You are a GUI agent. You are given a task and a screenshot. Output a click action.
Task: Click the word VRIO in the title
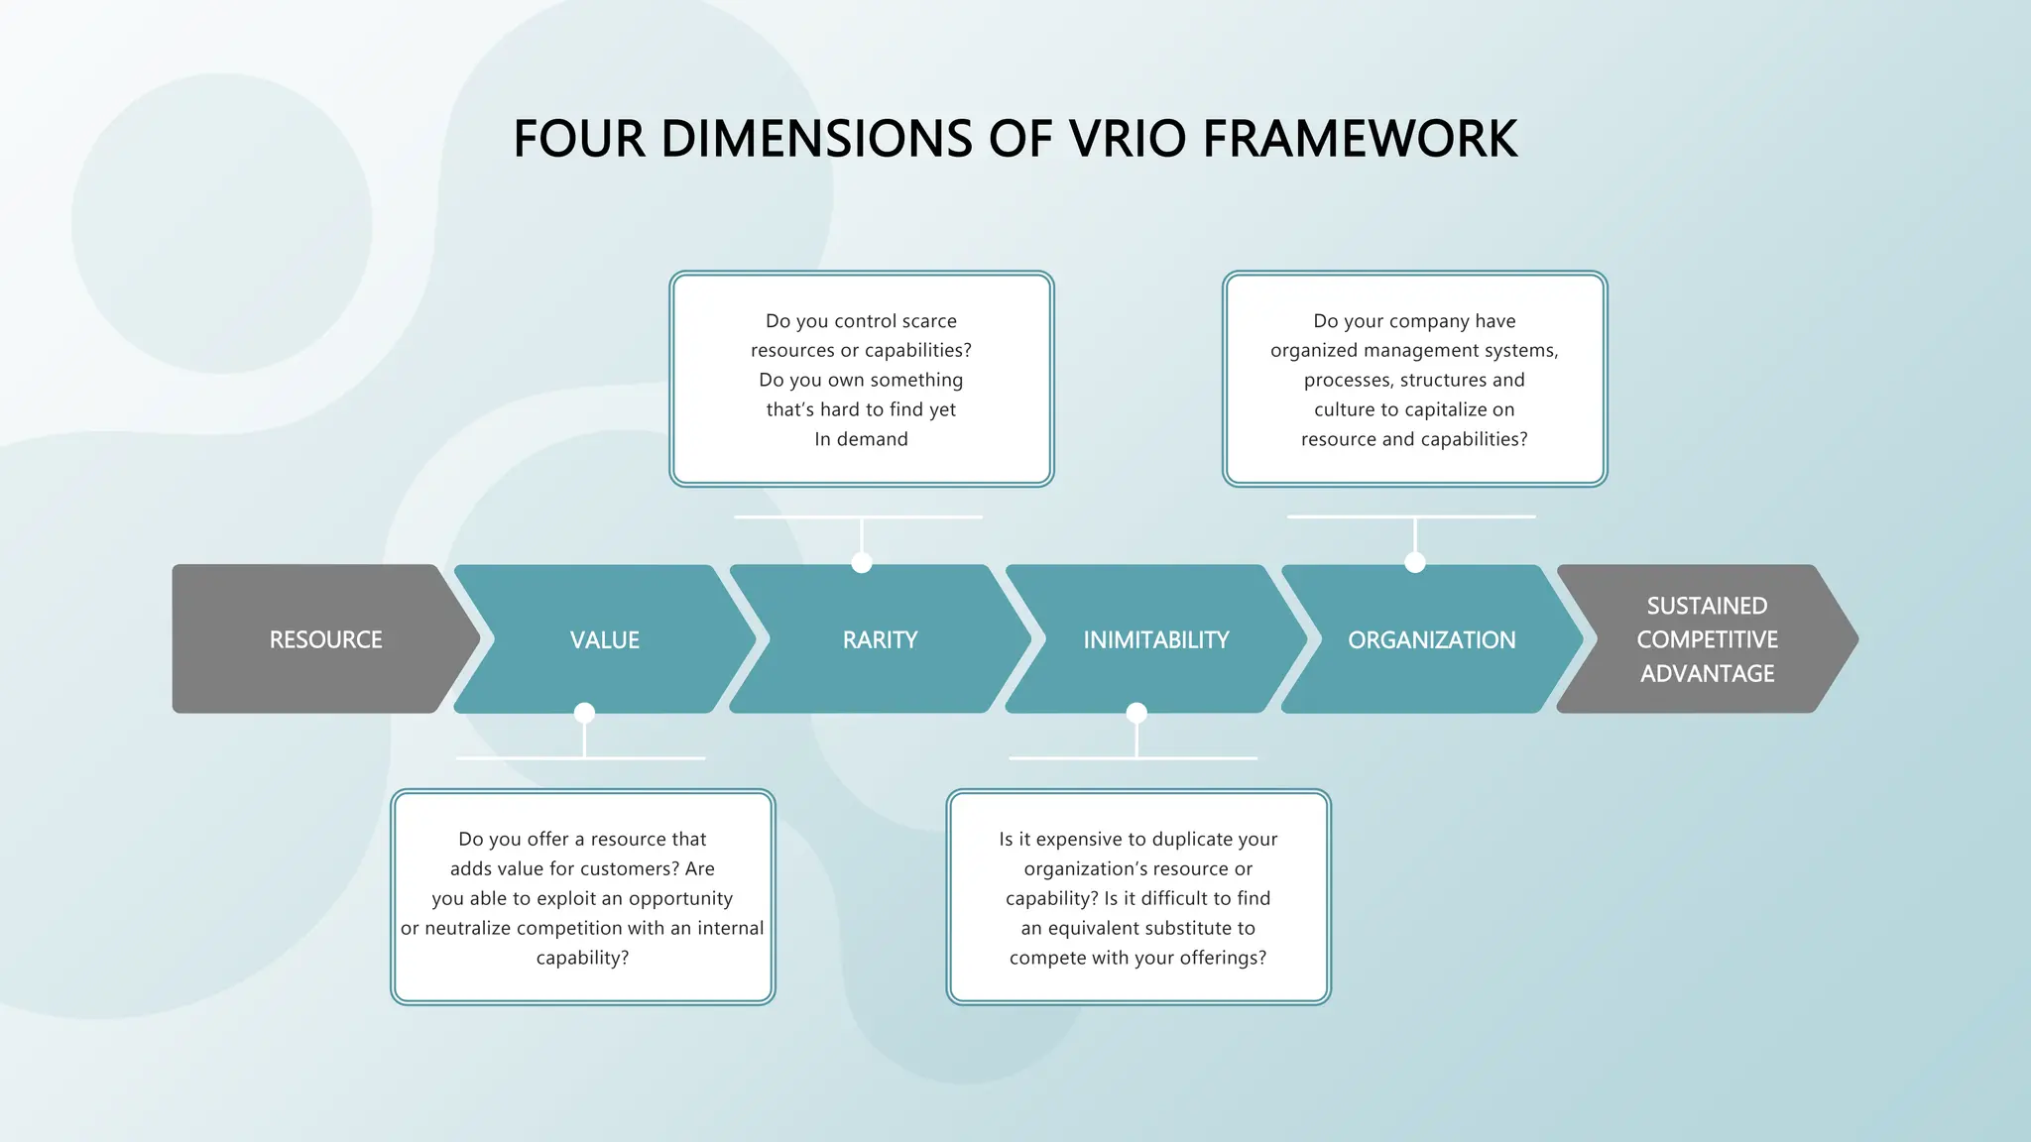tap(1128, 139)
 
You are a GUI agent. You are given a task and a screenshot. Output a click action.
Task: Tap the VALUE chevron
tap(604, 640)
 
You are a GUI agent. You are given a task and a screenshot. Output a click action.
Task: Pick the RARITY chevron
tap(880, 640)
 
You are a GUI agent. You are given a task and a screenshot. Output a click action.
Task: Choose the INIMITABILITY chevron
tap(1155, 640)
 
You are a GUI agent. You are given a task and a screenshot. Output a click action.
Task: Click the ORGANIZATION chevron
tap(1431, 640)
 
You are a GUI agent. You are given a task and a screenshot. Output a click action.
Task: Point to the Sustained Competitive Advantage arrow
tap(1707, 639)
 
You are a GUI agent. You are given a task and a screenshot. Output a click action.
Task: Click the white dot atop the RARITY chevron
tap(862, 563)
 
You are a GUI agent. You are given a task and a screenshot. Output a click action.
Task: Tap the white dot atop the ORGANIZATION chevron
tap(1415, 563)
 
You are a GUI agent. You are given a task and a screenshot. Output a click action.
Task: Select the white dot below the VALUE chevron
tap(584, 713)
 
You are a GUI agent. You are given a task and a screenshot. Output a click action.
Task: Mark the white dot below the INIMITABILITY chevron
tap(1136, 713)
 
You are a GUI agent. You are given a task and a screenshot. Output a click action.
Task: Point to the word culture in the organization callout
tap(1345, 410)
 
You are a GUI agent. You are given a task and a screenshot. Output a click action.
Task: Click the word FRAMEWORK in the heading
tap(1360, 139)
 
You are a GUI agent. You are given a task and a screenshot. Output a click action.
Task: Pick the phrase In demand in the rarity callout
tap(861, 440)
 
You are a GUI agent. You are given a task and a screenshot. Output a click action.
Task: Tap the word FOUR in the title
tap(579, 139)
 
